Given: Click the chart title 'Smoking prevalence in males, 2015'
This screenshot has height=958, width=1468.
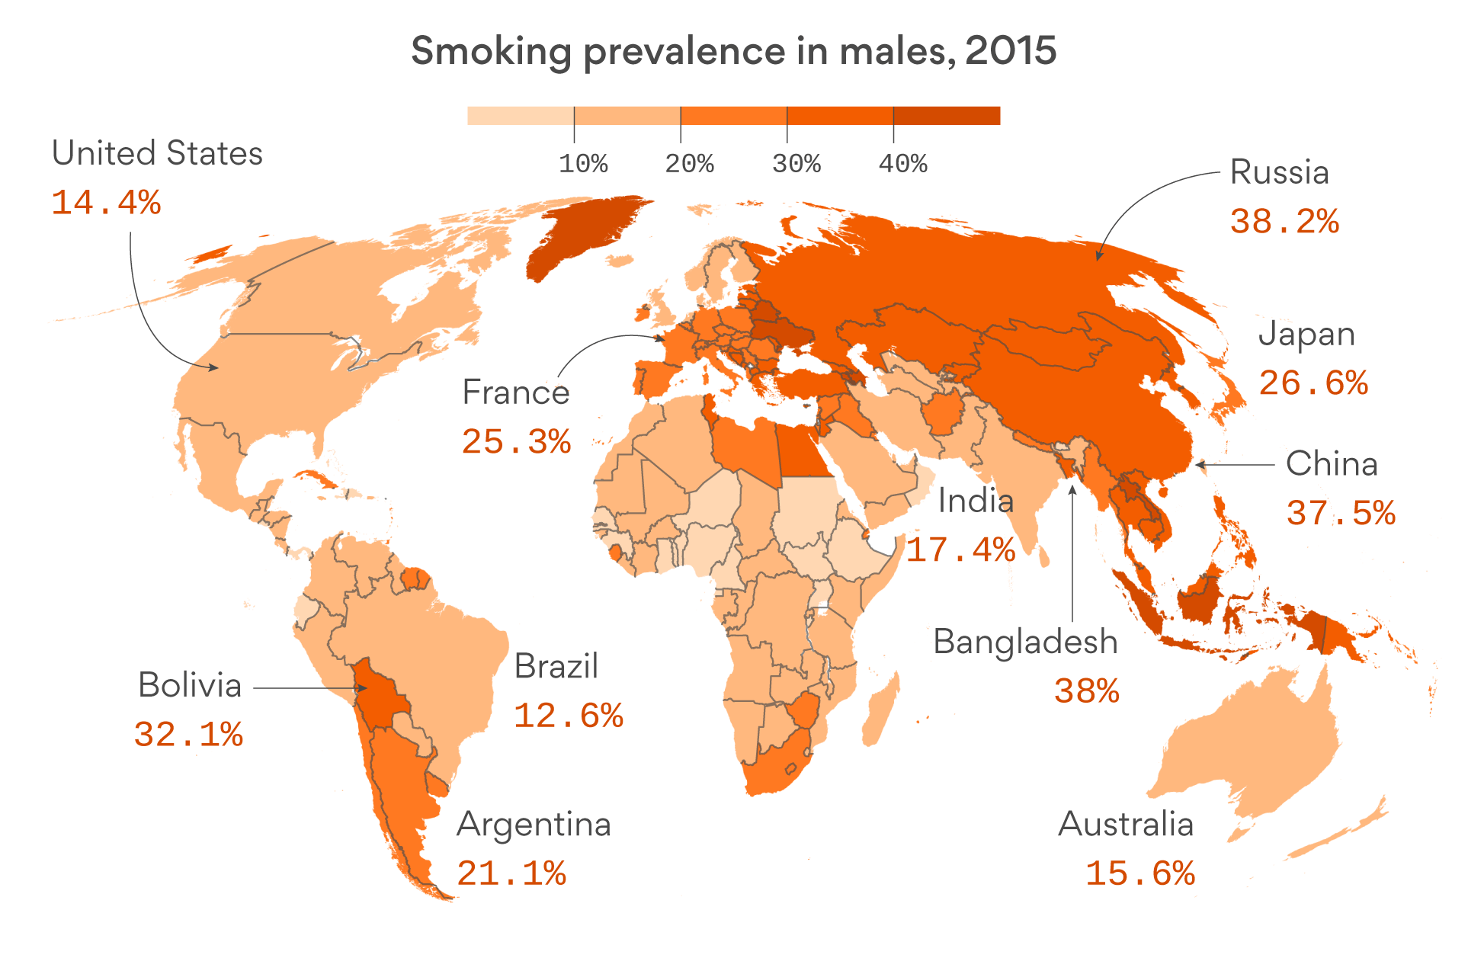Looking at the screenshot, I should (733, 52).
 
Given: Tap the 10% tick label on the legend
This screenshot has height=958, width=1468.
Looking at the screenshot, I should (583, 164).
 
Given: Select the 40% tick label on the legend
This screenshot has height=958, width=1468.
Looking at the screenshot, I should (902, 164).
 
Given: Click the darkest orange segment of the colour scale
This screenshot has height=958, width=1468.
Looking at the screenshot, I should (946, 116).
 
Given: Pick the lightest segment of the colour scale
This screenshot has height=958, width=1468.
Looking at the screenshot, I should (520, 116).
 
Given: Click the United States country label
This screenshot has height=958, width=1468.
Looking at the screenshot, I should (157, 153).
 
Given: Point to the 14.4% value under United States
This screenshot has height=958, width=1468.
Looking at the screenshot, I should (106, 203).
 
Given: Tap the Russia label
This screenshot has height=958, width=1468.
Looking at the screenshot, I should (1279, 172).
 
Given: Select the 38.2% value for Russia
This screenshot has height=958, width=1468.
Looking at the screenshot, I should (1284, 222).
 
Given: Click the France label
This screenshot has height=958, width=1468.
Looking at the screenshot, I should (516, 392).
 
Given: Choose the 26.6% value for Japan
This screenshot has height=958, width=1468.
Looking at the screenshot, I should (1313, 383).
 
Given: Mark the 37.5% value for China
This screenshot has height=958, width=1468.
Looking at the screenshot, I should (1341, 513).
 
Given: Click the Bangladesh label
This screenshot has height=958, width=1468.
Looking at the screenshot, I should (1025, 642).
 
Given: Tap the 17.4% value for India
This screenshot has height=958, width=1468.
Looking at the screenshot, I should (960, 550).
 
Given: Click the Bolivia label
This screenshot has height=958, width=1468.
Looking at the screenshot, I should (190, 685).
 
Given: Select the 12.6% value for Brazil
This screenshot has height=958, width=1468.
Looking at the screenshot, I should (569, 716).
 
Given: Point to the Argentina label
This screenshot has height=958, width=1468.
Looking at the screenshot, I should (534, 825).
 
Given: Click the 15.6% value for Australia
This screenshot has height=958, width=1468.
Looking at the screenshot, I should (1139, 873).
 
